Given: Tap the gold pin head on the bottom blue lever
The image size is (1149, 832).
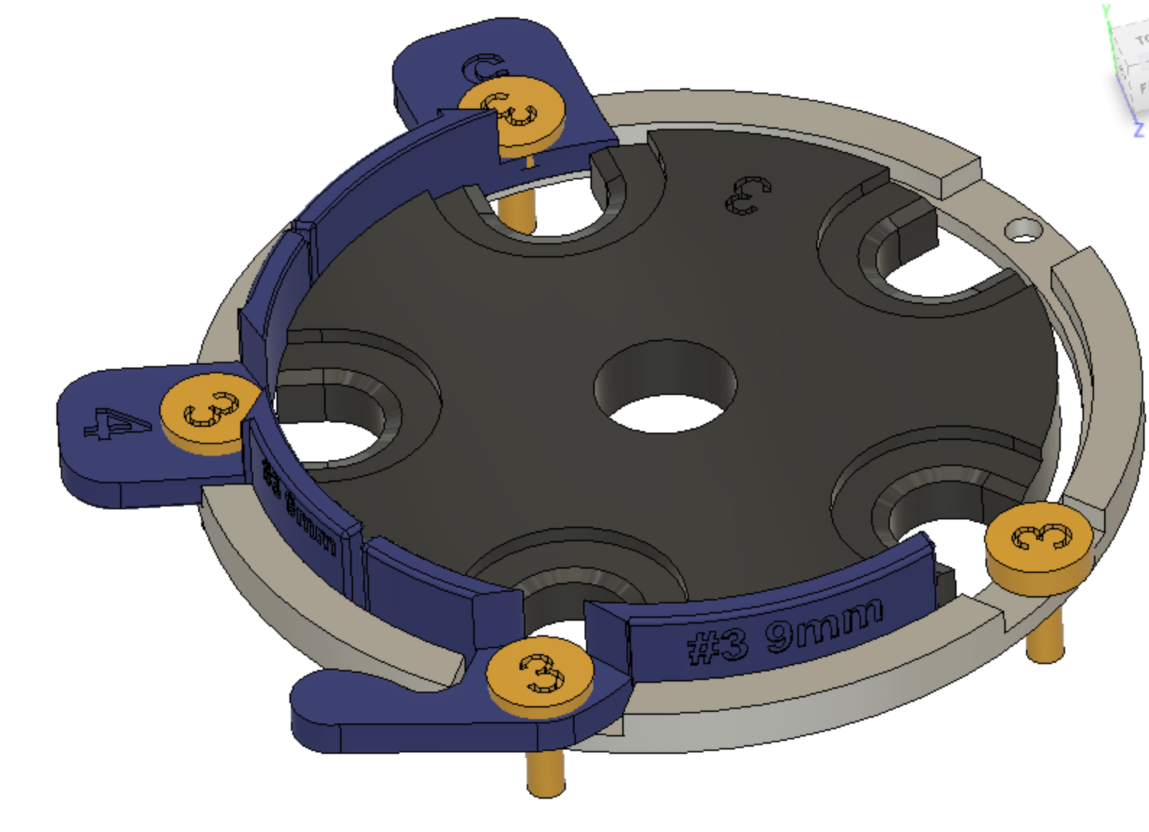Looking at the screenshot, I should pyautogui.click(x=540, y=673).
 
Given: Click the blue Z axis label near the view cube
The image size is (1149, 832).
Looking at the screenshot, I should pyautogui.click(x=1139, y=130).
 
